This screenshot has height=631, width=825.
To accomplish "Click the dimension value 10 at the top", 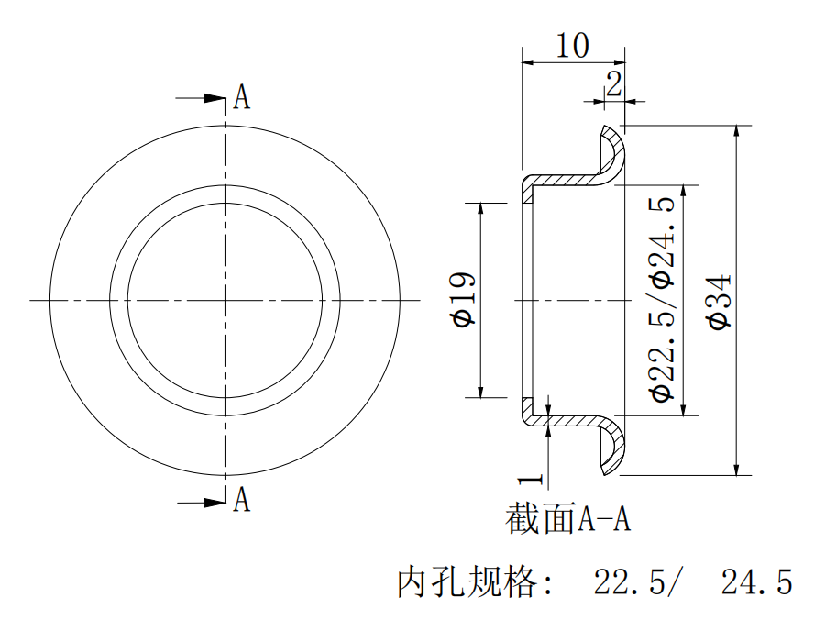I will coord(573,45).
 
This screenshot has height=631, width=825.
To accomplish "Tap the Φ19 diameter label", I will coord(463,299).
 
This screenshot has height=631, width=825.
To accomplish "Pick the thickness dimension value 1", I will coord(525,478).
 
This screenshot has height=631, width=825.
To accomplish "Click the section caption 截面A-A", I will coord(568,520).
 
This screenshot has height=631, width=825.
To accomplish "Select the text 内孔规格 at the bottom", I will coord(467,581).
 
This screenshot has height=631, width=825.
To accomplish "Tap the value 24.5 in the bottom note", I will coord(756,581).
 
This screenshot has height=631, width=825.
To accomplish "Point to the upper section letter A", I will coord(241,97).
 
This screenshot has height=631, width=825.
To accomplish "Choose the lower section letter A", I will coord(241,500).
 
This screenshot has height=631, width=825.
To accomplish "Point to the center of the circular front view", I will coord(225,299).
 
